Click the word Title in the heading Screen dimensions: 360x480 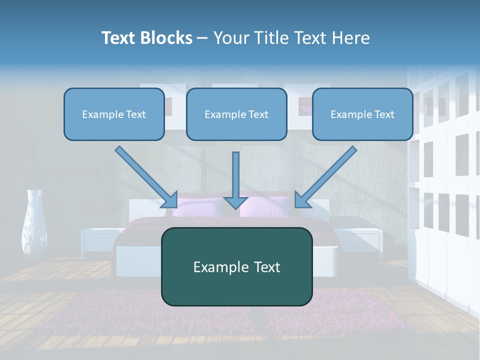click(x=269, y=38)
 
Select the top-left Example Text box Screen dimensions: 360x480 click(x=114, y=114)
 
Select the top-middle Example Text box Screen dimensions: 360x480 click(x=236, y=114)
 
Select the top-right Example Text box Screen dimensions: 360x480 click(x=362, y=114)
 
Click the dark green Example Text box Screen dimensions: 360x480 click(x=236, y=266)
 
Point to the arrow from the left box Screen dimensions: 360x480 click(x=145, y=176)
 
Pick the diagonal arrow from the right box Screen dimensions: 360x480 click(x=326, y=176)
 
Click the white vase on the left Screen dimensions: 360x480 click(x=34, y=222)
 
